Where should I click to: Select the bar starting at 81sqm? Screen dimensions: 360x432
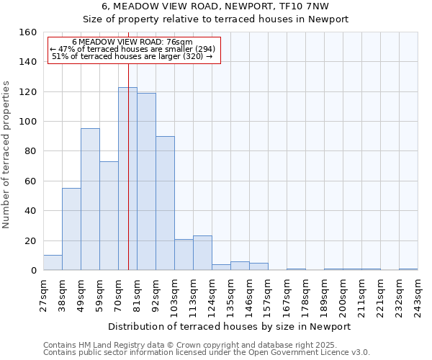146,181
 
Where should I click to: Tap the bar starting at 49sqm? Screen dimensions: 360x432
90,199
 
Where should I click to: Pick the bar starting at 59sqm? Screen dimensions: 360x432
109,216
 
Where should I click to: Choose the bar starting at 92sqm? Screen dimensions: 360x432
165,203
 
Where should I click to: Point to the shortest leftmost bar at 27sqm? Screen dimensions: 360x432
53,263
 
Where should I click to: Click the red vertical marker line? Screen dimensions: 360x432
128,158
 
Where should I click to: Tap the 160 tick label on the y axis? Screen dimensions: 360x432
28,32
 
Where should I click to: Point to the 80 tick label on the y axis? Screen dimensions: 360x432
30,151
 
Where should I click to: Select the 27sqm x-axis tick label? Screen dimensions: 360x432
44,294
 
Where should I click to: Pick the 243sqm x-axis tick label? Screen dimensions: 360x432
418,296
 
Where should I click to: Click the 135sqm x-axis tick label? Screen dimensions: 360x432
231,296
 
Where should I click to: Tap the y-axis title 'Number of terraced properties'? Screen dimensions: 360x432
7,155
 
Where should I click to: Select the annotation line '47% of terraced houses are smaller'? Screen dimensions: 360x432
133,49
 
